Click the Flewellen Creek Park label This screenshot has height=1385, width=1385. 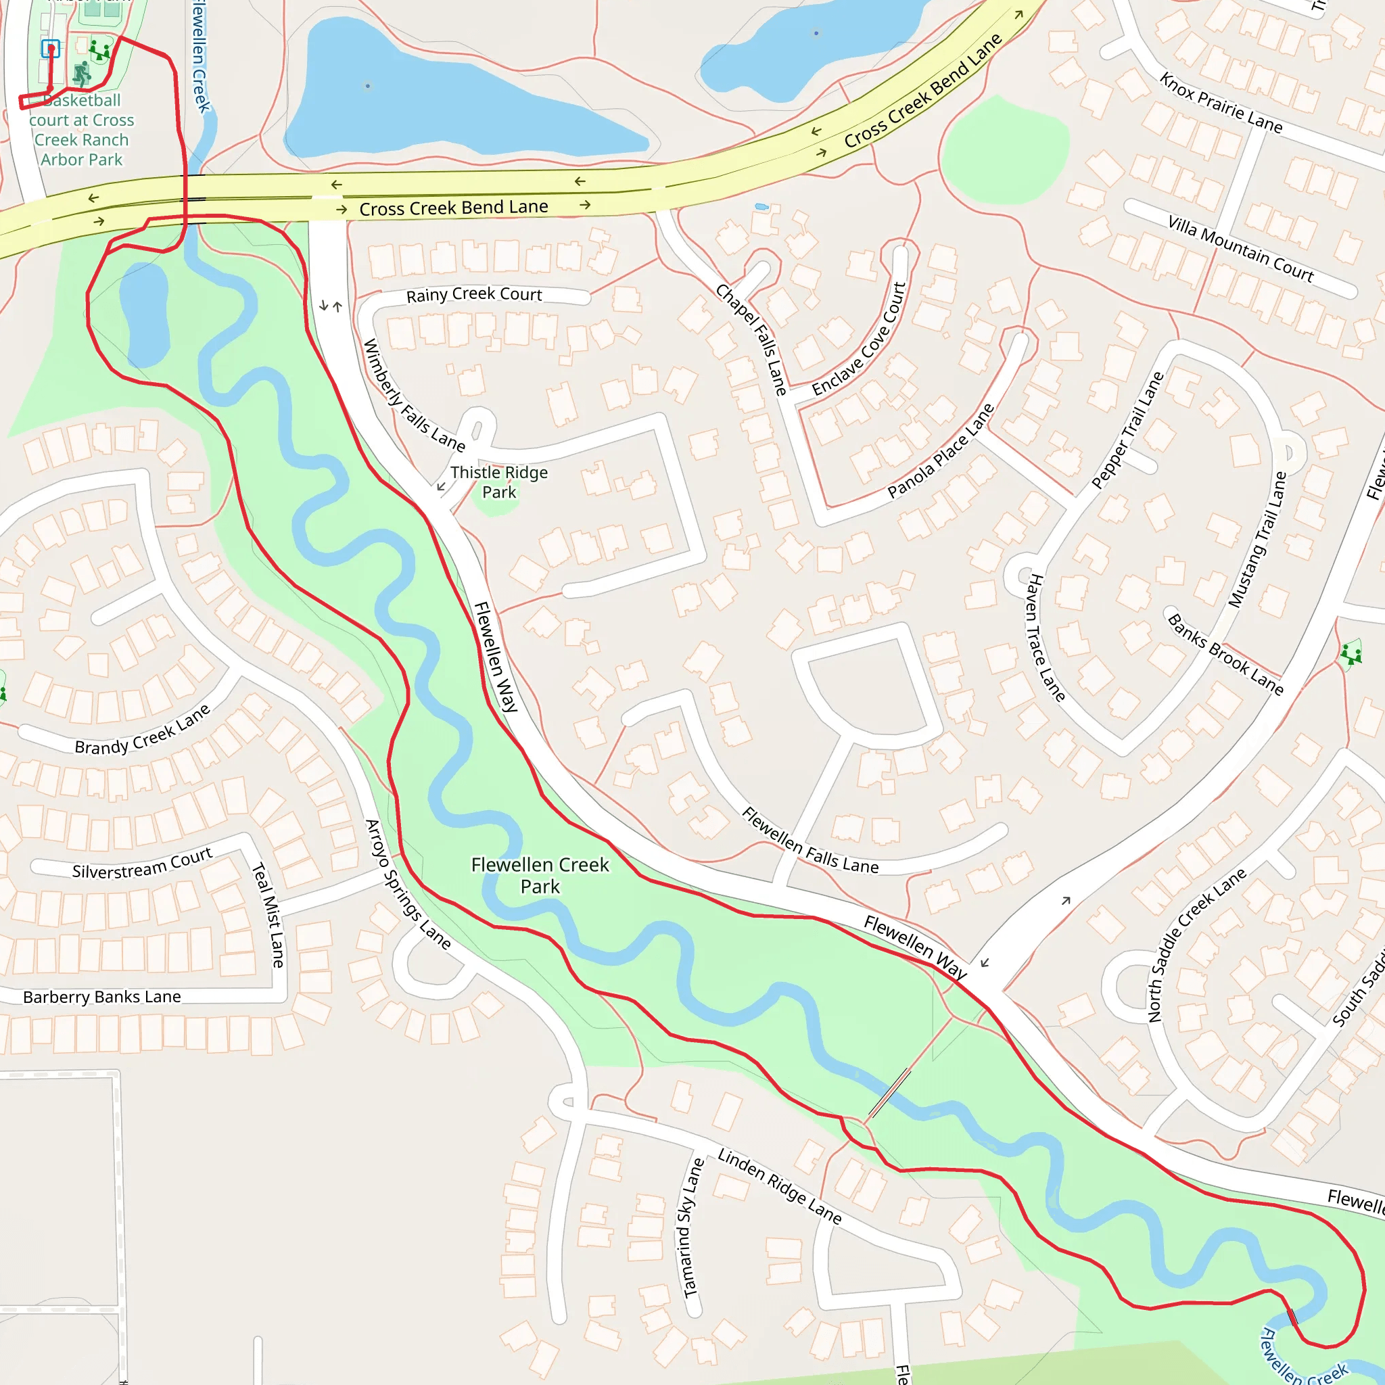coord(540,875)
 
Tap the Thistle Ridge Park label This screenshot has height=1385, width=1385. coord(499,482)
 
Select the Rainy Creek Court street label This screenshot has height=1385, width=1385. coord(474,295)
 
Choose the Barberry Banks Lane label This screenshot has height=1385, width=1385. coord(102,997)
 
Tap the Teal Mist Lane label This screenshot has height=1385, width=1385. coord(268,915)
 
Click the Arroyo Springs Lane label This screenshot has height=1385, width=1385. coord(408,885)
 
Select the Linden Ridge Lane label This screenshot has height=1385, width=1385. coord(779,1186)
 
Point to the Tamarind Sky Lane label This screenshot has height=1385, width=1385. coord(690,1228)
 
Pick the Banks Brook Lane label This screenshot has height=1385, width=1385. coord(1225,655)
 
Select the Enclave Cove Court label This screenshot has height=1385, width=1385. coord(860,339)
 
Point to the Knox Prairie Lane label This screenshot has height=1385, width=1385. coord(1221,103)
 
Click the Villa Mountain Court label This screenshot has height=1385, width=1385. coord(1240,249)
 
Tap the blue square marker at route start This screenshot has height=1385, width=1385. coord(50,49)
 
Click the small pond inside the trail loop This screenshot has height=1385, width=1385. coord(144,314)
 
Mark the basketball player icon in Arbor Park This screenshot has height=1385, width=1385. coord(83,72)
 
